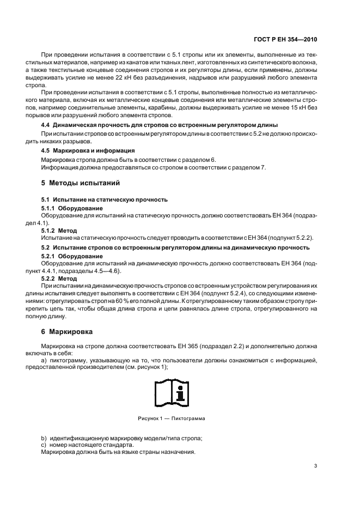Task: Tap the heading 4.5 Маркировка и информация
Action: click(x=88, y=150)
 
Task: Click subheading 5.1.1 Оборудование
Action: click(x=72, y=209)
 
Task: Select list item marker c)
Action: click(x=44, y=446)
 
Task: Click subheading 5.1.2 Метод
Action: click(x=59, y=231)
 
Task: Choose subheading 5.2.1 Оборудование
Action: click(x=72, y=256)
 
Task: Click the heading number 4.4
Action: click(x=47, y=125)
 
